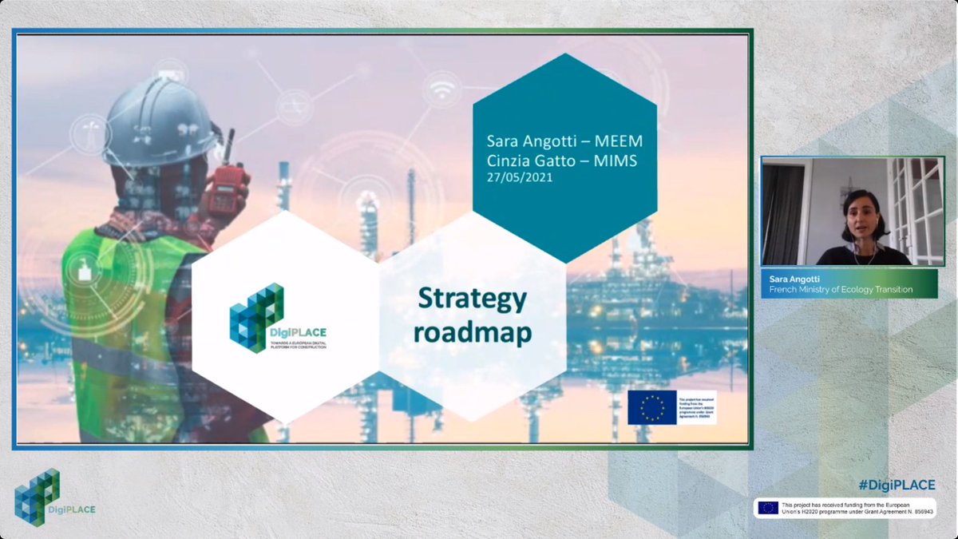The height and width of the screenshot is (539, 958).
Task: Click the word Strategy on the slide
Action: point(473,300)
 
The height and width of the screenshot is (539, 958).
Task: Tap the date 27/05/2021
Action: point(519,177)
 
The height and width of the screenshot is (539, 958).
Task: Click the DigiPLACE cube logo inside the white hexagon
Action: point(256,315)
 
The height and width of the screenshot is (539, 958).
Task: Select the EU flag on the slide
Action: point(651,407)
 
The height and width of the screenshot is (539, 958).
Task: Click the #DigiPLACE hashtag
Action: point(897,485)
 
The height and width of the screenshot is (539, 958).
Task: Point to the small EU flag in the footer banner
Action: point(768,508)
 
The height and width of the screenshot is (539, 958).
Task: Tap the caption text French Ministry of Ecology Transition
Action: point(841,290)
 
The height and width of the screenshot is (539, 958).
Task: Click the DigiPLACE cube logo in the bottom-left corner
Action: point(37,496)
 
